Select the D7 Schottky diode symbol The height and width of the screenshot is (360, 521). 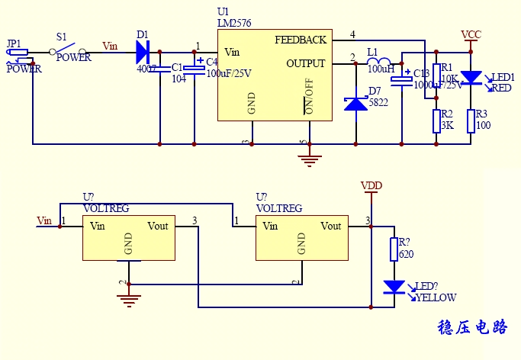point(355,103)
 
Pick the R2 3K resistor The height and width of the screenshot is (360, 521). point(436,121)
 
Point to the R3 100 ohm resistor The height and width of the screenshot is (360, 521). point(471,120)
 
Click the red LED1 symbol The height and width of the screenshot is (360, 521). point(472,77)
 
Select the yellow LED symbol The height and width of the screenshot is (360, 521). point(394,288)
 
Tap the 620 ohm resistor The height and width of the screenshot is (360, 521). point(394,249)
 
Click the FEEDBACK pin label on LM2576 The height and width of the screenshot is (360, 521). point(300,40)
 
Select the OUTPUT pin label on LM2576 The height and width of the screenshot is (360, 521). point(305,63)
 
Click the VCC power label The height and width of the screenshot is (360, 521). point(471,35)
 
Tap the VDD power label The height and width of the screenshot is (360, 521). point(371,186)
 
